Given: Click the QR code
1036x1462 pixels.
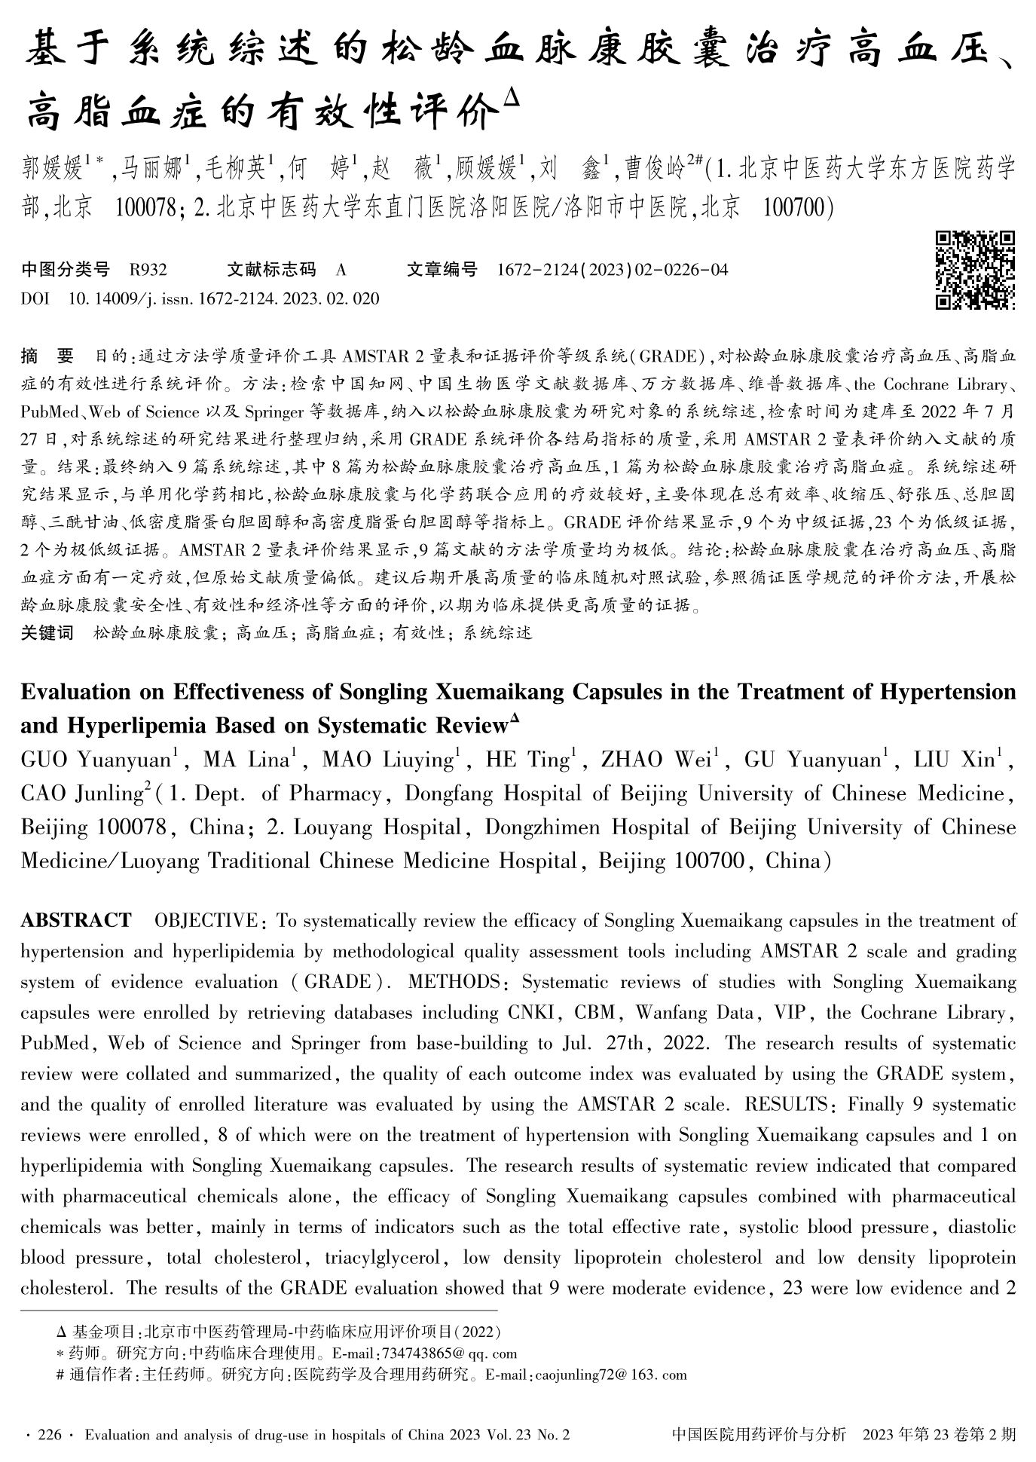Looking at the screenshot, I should [x=974, y=271].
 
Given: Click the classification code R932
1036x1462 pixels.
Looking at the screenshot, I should [x=148, y=270].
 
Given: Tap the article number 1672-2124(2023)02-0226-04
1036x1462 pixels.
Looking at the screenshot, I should [x=613, y=270].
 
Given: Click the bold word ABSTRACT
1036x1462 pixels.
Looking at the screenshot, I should [x=76, y=921].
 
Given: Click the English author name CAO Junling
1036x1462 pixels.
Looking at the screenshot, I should [x=81, y=794].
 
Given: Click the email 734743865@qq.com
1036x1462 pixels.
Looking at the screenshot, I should [x=450, y=1353].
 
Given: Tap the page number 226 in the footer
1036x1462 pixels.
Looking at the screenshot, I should [x=48, y=1436].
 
